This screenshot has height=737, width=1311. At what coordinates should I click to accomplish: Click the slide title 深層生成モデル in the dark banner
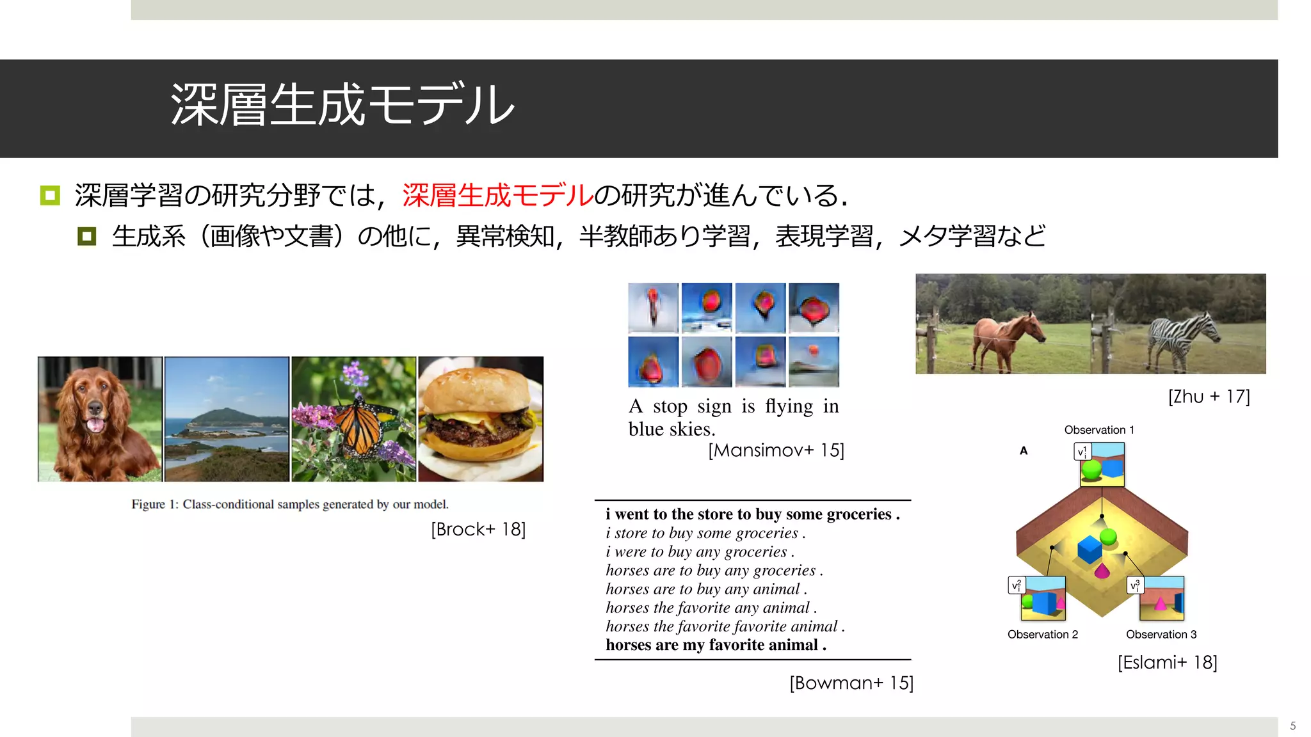342,104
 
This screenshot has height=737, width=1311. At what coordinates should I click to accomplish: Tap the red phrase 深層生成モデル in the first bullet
498,195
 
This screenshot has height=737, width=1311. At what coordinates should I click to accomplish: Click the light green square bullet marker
50,195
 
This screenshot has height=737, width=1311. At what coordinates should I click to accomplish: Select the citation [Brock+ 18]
478,529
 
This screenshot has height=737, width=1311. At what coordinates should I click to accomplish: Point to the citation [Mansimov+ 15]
776,450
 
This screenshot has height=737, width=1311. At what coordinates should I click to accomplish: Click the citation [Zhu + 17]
1209,397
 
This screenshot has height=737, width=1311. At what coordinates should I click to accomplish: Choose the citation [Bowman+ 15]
851,683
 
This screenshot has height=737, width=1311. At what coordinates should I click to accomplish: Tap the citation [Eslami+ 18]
1167,662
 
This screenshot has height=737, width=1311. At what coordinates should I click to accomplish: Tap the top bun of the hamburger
477,393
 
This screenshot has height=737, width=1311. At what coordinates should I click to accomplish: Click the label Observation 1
1099,430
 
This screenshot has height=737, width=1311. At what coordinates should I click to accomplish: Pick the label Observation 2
1043,635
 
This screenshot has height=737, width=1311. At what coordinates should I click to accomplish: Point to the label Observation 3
1161,635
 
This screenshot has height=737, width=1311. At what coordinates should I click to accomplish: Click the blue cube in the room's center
1089,549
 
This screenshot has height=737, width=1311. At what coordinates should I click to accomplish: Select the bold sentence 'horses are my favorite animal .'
716,645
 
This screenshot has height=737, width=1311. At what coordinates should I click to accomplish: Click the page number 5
1293,726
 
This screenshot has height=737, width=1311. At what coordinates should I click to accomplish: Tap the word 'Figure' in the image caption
149,504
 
